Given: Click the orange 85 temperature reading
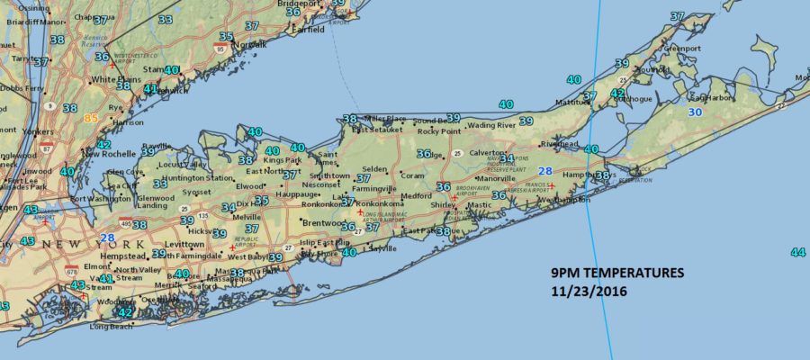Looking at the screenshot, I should [91, 117].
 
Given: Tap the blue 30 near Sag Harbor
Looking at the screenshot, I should [694, 112].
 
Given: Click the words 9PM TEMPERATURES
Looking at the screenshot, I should [617, 274].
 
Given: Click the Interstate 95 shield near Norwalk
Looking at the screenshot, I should [220, 50].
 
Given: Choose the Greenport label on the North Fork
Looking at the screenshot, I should [682, 48].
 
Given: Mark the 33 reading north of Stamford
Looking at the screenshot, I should [166, 19].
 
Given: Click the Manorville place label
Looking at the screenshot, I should [496, 178].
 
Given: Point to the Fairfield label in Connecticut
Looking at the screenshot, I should [309, 30].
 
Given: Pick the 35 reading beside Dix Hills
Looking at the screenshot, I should [261, 201].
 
